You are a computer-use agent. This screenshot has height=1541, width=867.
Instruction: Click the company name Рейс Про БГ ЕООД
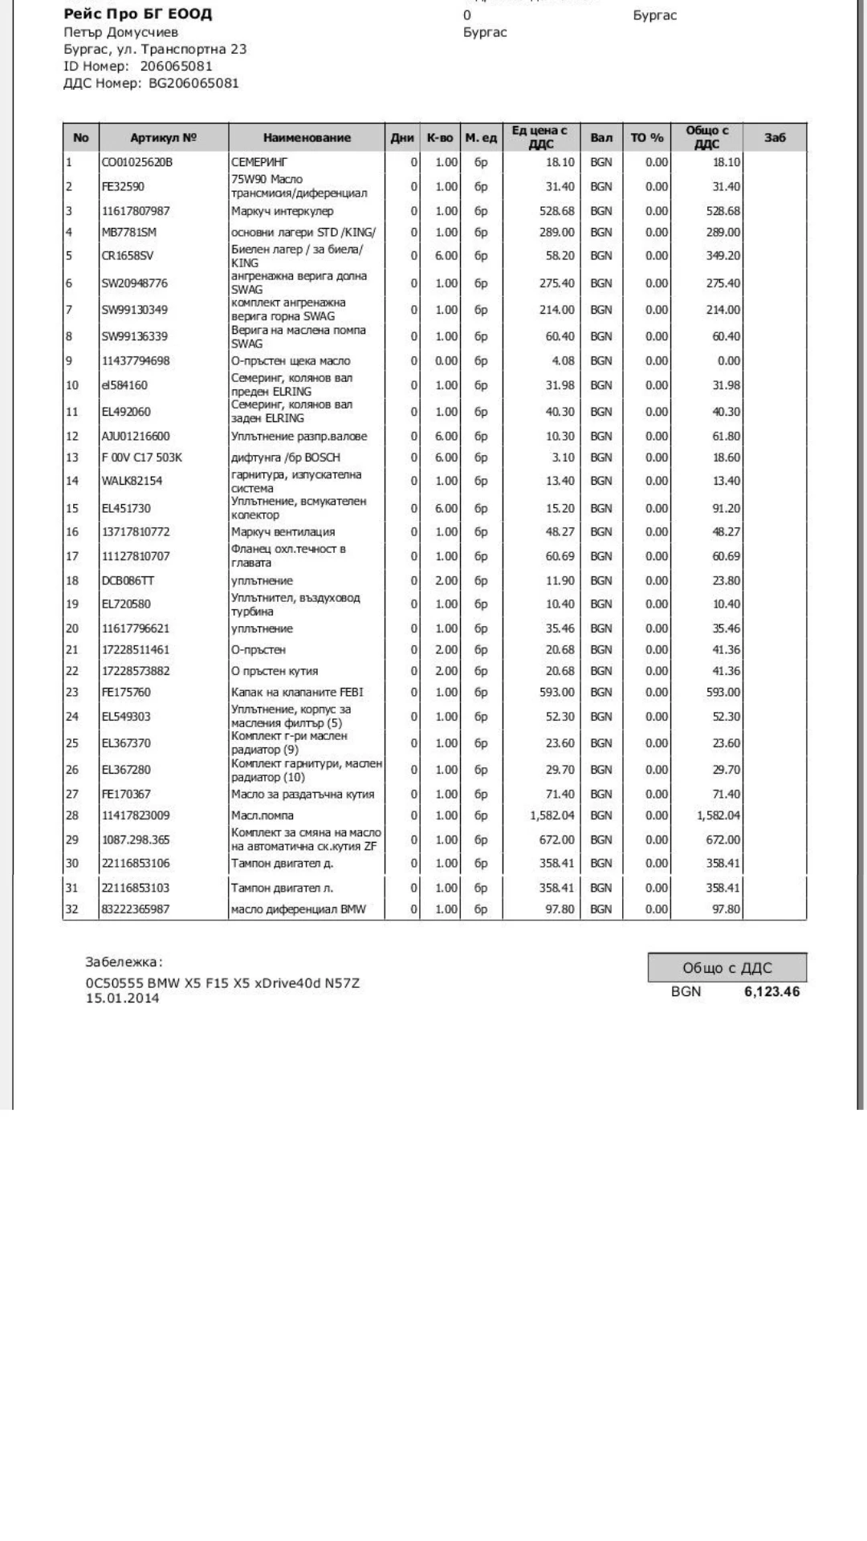(x=138, y=14)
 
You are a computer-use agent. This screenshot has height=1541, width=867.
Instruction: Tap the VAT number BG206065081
(x=193, y=83)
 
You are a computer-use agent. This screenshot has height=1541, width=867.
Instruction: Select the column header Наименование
(x=307, y=138)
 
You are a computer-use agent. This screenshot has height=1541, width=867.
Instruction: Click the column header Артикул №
(x=163, y=138)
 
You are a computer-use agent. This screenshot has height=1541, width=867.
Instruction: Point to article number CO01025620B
(x=136, y=162)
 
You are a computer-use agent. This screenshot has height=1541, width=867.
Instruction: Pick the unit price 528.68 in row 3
(x=556, y=211)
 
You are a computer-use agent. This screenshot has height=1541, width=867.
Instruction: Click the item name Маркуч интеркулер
(x=282, y=211)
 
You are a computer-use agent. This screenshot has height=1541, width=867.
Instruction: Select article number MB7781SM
(x=128, y=233)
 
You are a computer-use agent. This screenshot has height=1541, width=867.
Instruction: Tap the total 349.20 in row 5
(x=722, y=256)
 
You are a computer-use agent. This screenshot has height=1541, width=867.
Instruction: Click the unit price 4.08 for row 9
(x=560, y=361)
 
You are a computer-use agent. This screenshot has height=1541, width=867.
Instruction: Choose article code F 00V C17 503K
(x=141, y=457)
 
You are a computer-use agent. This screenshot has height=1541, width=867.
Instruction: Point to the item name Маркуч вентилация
(x=283, y=532)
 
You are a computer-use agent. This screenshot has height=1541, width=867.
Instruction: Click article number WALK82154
(x=131, y=481)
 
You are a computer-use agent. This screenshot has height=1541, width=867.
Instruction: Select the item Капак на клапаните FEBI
(x=296, y=693)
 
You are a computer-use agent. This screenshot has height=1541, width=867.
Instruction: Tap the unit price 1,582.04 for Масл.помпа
(x=552, y=815)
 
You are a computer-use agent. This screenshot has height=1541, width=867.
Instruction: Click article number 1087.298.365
(x=135, y=840)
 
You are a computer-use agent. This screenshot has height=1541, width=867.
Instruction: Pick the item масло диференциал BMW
(x=298, y=909)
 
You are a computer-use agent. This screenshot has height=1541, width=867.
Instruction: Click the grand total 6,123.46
(x=771, y=992)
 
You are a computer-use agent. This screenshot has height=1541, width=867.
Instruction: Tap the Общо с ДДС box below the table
(x=727, y=968)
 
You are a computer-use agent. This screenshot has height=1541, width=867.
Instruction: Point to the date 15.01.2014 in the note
(x=122, y=998)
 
